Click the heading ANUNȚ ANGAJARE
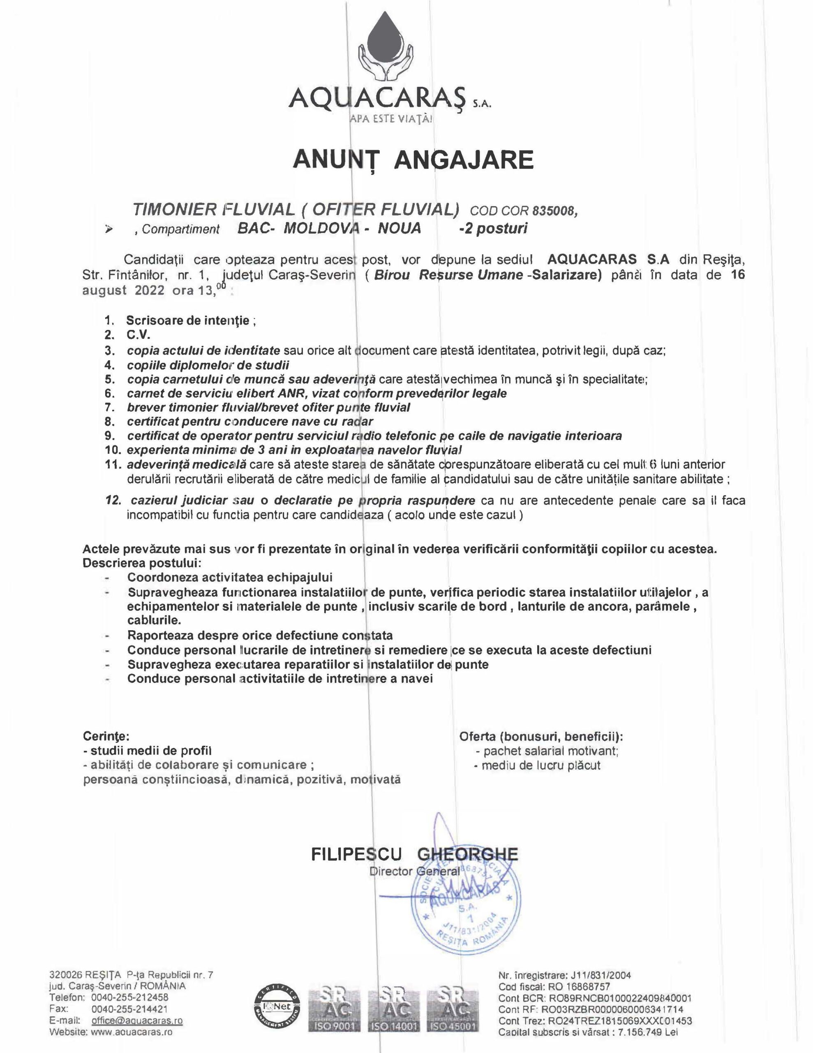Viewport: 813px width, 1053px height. pos(413,160)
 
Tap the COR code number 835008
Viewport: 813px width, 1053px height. pos(554,211)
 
